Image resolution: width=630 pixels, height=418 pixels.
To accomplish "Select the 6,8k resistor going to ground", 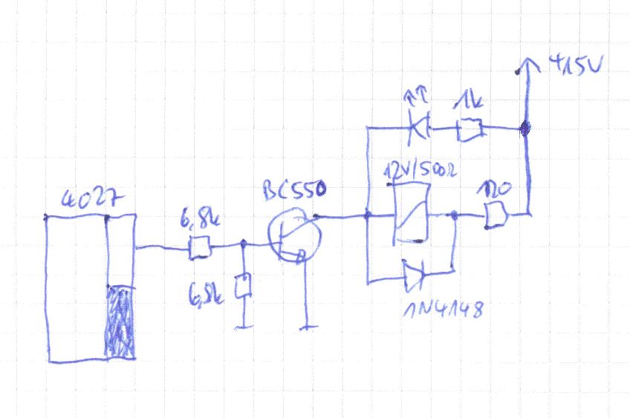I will coord(243,287).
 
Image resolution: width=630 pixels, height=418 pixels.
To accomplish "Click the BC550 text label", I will coord(293,192).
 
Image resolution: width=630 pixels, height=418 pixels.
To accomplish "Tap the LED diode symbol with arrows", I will coord(420,128).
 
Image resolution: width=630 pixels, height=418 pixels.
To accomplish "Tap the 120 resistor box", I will coord(493,216).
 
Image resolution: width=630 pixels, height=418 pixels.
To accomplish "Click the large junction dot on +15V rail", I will coord(525,130).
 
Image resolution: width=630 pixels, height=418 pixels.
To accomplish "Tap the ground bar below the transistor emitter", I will coord(306,326).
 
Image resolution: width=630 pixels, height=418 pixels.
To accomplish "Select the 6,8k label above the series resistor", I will coord(199,221).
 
